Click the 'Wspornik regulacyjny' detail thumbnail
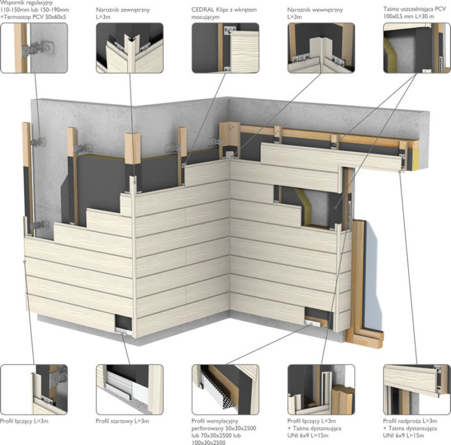tap(34, 48)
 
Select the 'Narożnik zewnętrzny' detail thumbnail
tap(130, 48)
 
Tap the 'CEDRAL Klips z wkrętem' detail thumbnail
tap(225, 48)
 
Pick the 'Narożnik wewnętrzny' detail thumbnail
tap(321, 48)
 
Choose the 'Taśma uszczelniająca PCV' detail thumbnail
tap(416, 48)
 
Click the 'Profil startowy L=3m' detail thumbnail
tap(130, 389)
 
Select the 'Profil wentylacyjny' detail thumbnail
tap(225, 389)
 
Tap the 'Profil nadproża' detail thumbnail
tap(416, 389)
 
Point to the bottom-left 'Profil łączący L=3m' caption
tap(24, 421)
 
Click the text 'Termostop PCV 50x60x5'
tap(35, 17)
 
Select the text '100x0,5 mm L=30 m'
tap(408, 17)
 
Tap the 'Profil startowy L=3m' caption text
tap(123, 421)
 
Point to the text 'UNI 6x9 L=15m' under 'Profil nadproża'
tap(404, 435)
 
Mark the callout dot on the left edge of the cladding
tap(25, 262)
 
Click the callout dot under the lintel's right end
tap(400, 171)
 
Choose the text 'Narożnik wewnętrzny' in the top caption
tap(315, 10)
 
